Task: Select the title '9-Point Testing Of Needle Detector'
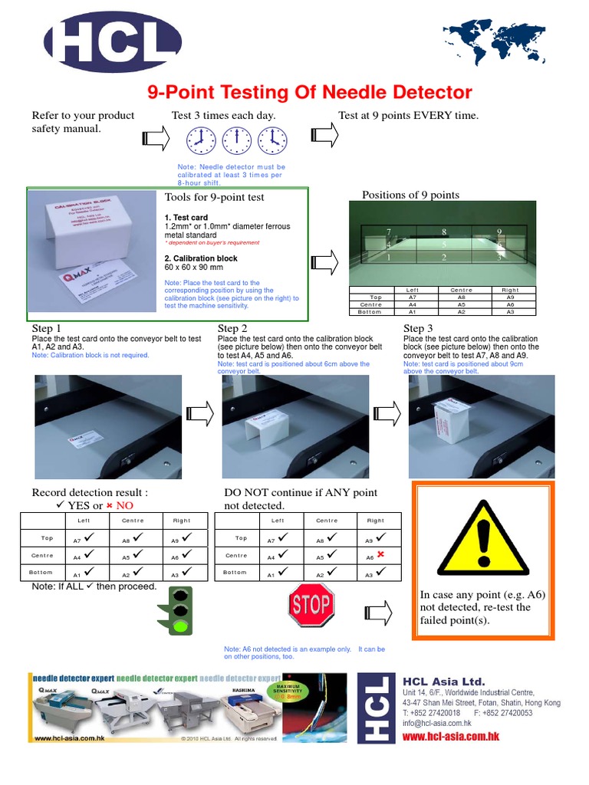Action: click(309, 93)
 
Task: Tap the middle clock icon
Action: click(237, 140)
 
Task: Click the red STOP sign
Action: click(311, 605)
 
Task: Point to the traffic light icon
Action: click(180, 609)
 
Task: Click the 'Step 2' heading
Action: click(232, 329)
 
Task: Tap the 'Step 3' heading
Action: click(419, 329)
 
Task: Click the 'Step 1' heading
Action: click(47, 329)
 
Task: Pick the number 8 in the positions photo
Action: click(443, 231)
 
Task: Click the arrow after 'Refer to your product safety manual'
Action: click(156, 138)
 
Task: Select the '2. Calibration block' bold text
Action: click(201, 258)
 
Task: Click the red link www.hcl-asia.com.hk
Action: click(451, 736)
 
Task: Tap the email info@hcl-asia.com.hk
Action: click(437, 723)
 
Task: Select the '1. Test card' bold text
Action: click(186, 218)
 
